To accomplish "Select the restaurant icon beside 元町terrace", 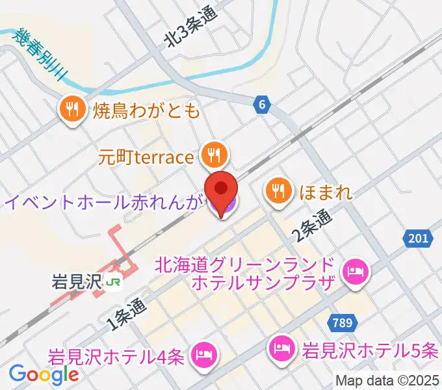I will click(x=213, y=155).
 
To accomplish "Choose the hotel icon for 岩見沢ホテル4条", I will click(x=203, y=355).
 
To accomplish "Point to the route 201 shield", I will click(x=419, y=239).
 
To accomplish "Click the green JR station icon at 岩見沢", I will click(x=114, y=282).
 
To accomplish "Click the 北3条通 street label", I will click(x=191, y=29).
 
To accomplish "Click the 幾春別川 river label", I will click(x=39, y=53).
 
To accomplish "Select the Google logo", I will click(x=43, y=374).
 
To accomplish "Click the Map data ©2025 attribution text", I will click(x=388, y=382).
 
